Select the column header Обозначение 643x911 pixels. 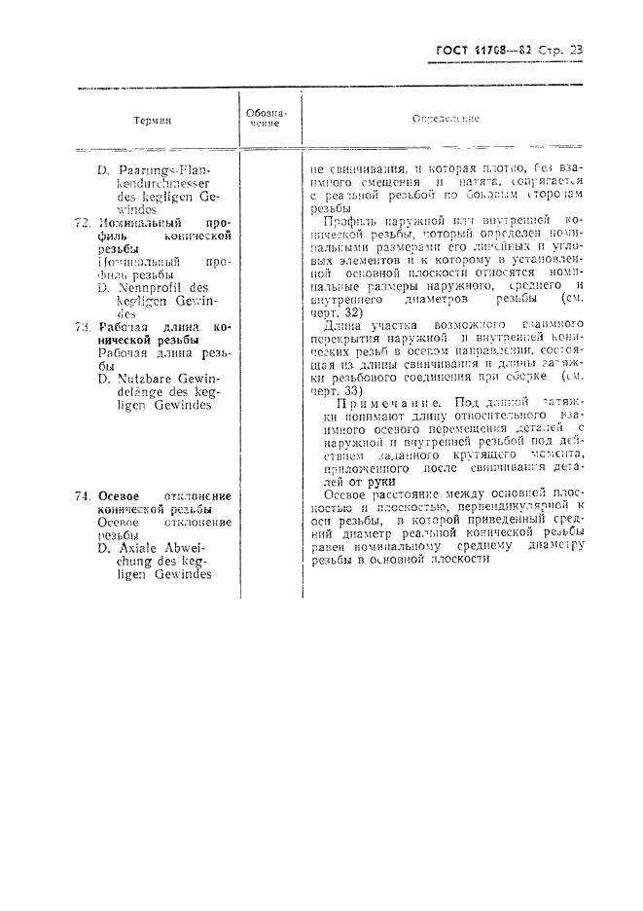[x=263, y=118]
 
